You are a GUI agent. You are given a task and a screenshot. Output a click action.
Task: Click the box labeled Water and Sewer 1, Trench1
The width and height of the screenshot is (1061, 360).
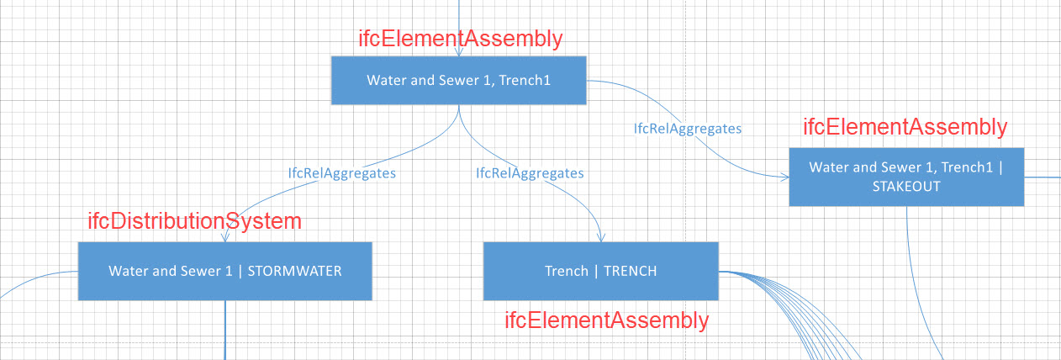tap(458, 80)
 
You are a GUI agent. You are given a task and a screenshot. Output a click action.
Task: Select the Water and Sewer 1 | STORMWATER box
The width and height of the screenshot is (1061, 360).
tap(225, 271)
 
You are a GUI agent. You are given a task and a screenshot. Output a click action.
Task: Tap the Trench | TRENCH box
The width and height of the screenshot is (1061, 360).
tap(600, 271)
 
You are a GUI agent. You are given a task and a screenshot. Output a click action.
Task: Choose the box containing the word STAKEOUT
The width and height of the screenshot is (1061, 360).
tap(906, 177)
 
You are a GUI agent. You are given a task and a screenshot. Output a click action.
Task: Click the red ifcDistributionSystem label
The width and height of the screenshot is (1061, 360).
tap(195, 221)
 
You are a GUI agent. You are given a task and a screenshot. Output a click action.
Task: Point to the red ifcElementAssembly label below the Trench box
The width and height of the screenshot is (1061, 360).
tap(607, 320)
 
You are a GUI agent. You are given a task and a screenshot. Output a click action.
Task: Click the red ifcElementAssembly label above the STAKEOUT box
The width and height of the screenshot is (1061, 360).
tap(905, 127)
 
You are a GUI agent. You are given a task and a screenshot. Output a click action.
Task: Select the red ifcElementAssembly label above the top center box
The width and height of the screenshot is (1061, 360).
tap(461, 39)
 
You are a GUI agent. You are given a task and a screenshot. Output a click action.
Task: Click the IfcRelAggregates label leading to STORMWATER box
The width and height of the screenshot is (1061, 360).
tap(342, 173)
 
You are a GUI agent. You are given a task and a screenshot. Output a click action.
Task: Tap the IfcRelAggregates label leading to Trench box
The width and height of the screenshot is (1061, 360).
tap(530, 173)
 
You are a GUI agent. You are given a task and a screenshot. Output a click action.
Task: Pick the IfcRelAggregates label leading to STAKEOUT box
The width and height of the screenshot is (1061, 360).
tap(688, 129)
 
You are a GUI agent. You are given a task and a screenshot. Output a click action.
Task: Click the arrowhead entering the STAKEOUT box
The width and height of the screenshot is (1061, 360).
tap(785, 177)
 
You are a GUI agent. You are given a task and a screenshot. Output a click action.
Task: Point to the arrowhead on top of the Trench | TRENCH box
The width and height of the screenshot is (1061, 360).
tap(601, 238)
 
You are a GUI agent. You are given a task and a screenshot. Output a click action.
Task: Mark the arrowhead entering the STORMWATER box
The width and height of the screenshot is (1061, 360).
tap(225, 237)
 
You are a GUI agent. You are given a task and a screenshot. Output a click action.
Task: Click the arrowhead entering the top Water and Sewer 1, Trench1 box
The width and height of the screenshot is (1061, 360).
tap(458, 51)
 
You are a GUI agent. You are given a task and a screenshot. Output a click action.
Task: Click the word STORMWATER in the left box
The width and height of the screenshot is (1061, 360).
tap(294, 271)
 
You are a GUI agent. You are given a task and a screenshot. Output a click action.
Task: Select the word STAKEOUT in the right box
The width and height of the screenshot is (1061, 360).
tap(906, 187)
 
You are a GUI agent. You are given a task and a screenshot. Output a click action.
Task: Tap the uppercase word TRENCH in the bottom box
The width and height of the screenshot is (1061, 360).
tap(631, 271)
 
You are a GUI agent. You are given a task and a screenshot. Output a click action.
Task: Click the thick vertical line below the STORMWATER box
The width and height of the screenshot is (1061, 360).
tap(225, 331)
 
